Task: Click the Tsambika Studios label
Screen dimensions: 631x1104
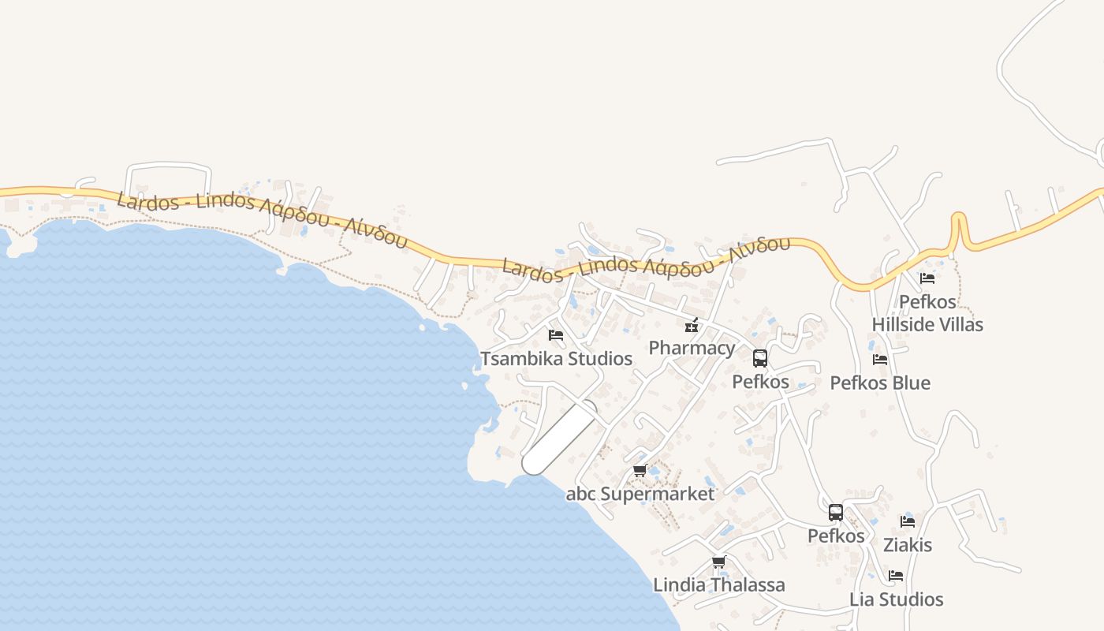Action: pos(556,359)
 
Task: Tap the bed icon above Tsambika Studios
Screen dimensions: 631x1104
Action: pos(556,335)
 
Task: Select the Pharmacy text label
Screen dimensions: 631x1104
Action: pos(692,348)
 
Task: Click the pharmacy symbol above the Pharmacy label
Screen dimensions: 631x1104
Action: pos(692,325)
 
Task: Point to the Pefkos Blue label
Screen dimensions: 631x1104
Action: pos(880,383)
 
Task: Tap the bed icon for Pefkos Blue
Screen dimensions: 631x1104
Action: pos(880,360)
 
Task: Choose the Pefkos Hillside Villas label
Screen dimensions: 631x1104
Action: pos(927,313)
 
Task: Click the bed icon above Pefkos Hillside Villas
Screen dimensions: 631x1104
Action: pos(927,278)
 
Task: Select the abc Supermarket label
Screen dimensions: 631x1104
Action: pos(640,495)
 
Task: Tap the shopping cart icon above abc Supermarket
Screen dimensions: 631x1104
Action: pos(640,471)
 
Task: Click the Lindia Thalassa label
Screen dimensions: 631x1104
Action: pos(719,585)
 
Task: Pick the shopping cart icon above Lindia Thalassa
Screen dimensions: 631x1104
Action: pos(718,562)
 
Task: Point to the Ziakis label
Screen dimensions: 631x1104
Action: pos(908,545)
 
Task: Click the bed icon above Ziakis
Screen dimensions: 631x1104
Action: pos(908,521)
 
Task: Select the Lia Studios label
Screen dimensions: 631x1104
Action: pos(896,599)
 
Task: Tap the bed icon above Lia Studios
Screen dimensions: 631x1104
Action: pos(896,576)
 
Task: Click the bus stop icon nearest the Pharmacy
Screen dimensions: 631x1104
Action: pos(760,359)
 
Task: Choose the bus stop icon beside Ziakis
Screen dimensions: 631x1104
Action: pos(836,513)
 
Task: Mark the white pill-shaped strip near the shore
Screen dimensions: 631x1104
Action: pos(559,438)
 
